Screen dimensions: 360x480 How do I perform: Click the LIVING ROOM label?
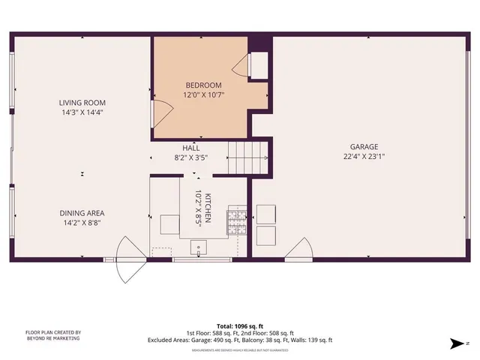click(83, 103)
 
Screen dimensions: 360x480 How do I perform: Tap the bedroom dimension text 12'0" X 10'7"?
click(203, 95)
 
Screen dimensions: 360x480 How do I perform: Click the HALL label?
click(190, 148)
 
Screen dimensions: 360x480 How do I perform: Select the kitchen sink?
click(198, 245)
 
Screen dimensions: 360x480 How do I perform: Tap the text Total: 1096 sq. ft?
click(240, 325)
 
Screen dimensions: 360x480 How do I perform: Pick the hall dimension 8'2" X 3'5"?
click(190, 158)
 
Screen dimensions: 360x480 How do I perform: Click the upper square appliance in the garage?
click(266, 213)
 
